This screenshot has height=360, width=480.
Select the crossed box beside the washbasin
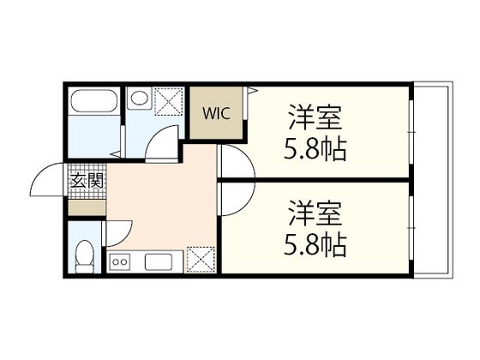[167, 100]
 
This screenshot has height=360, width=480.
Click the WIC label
[215, 113]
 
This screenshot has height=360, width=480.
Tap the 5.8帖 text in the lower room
[315, 247]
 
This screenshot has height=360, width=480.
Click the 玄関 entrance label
[86, 181]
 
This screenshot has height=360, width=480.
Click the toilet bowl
[85, 255]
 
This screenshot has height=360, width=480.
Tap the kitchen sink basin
[159, 261]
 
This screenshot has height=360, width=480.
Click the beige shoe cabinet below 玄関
[86, 207]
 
